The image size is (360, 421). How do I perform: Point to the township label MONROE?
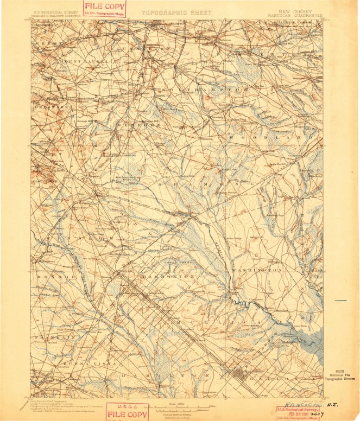[x=49, y=277]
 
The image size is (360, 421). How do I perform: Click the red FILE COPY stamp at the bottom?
[x=127, y=412]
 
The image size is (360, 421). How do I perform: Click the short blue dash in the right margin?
[x=340, y=300]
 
